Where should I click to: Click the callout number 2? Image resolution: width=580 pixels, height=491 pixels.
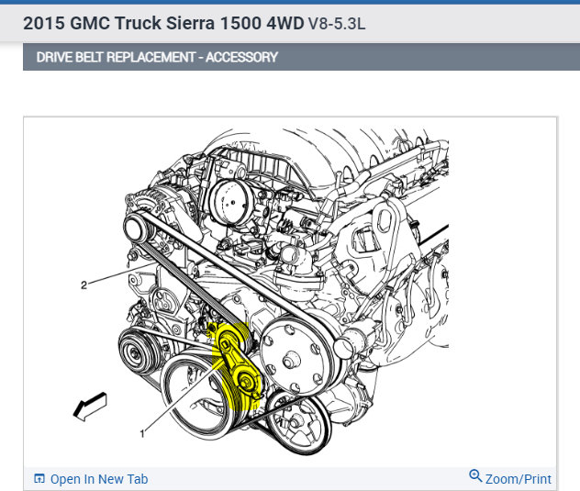84,285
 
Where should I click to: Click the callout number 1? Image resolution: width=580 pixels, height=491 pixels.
142,433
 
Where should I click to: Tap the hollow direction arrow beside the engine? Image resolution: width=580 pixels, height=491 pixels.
90,407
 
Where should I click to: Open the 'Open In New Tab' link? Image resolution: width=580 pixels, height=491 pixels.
99,479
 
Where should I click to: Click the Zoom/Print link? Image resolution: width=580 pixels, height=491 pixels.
518,479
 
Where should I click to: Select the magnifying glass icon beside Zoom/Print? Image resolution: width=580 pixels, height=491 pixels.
475,475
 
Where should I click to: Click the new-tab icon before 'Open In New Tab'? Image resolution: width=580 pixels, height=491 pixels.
39,478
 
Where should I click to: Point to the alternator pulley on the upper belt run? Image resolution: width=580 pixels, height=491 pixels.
136,227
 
